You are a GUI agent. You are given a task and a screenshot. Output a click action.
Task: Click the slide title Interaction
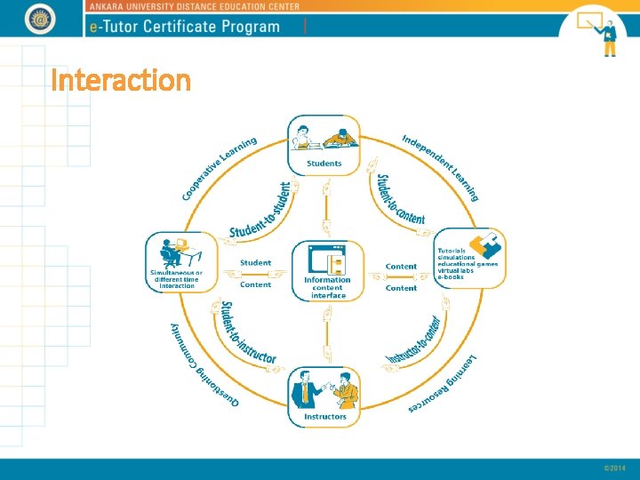tap(121, 82)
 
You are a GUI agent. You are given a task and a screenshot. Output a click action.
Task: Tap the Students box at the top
tap(324, 146)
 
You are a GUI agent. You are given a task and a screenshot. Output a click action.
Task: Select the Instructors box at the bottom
tap(325, 397)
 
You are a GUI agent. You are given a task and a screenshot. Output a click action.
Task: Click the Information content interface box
tap(328, 270)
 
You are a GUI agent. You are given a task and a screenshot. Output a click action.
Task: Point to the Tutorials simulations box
tap(469, 258)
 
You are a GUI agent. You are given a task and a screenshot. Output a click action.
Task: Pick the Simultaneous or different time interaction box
tap(181, 261)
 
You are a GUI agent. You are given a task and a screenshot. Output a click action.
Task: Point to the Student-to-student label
tap(260, 212)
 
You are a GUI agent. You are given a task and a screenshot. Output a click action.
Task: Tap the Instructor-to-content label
tap(414, 340)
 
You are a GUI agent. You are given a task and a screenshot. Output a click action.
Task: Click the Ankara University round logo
tap(39, 19)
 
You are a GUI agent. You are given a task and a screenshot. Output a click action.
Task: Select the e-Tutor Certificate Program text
tap(185, 26)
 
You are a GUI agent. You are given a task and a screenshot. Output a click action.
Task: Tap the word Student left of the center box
tap(256, 263)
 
